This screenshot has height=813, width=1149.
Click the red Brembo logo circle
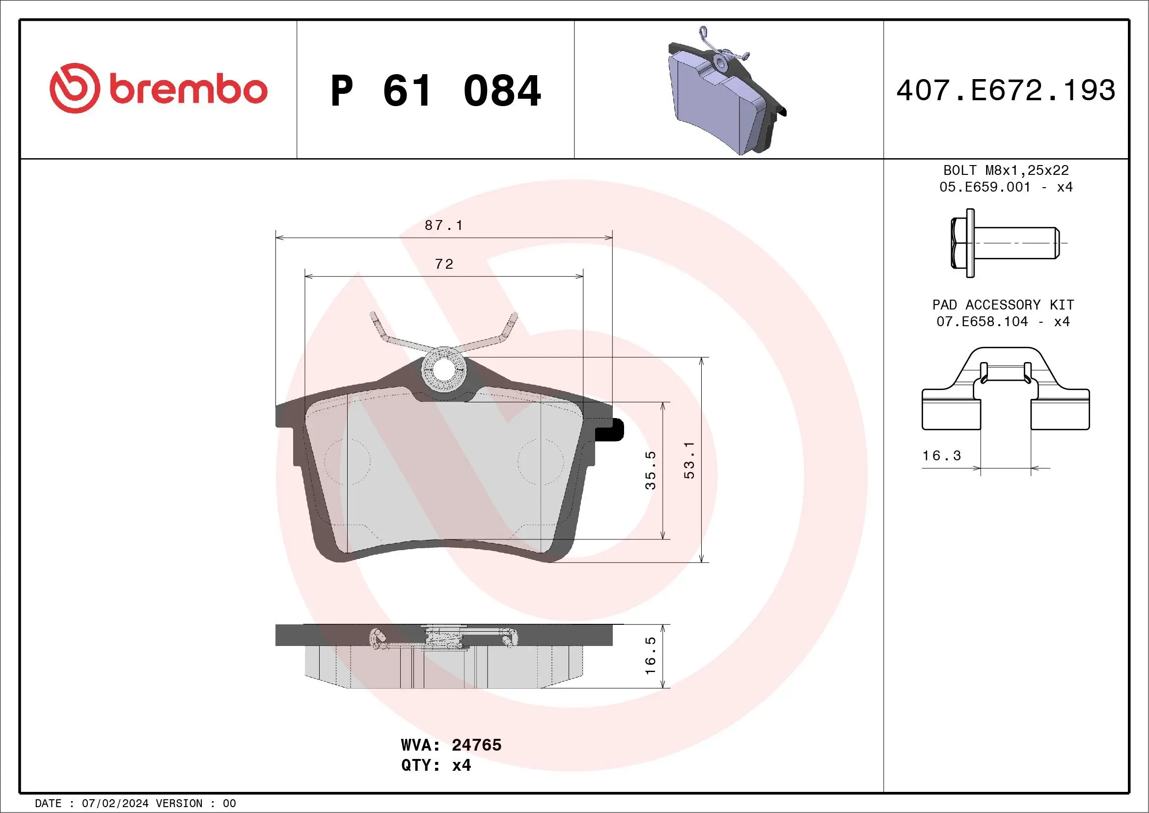[74, 88]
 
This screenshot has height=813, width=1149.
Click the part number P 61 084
[436, 91]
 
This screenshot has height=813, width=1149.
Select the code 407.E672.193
[1006, 90]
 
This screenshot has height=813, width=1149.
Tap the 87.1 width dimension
[443, 225]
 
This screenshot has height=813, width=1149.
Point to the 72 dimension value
[444, 264]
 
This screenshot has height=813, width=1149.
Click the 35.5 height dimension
[650, 470]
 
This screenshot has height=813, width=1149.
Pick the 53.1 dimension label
[689, 460]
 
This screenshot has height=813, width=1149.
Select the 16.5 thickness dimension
[650, 655]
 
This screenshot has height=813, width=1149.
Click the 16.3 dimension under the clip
[941, 455]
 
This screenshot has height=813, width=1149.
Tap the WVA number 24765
[476, 745]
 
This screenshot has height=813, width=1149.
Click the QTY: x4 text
[436, 765]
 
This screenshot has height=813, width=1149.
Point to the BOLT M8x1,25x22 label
[1006, 170]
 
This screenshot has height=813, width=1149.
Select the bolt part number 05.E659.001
[985, 187]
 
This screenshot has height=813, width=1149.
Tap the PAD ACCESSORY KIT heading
[1003, 305]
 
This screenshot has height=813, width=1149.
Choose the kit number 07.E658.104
[982, 321]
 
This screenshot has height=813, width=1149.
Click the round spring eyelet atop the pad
[443, 370]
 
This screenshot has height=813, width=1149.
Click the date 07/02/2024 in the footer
[115, 804]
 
